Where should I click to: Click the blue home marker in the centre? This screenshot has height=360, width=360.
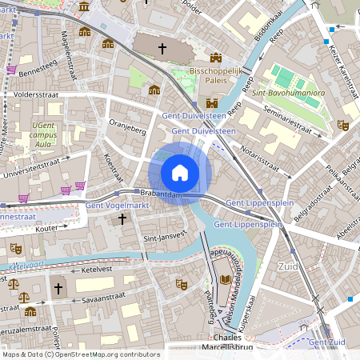pyautogui.click(x=180, y=172)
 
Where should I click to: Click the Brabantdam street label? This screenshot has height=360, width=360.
pyautogui.click(x=159, y=194)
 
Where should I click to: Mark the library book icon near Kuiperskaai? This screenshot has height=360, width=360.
pyautogui.click(x=225, y=280)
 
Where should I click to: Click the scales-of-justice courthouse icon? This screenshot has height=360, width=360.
pyautogui.click(x=13, y=282)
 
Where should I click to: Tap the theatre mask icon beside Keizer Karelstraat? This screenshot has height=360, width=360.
pyautogui.click(x=343, y=125)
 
